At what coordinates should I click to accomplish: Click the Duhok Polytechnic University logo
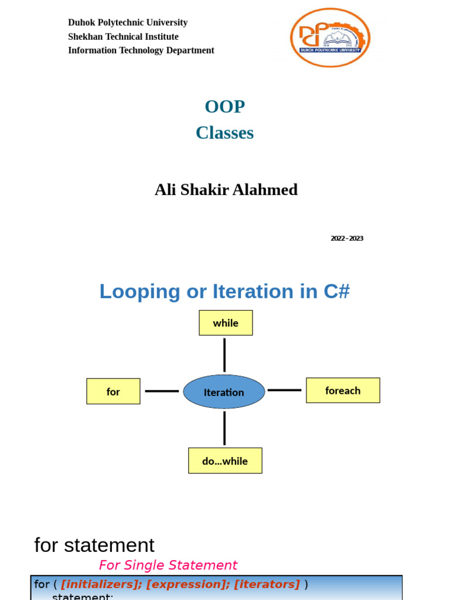click(330, 37)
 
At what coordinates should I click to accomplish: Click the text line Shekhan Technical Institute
click(123, 36)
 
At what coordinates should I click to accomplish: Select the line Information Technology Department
click(141, 50)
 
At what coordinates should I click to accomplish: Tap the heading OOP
click(224, 107)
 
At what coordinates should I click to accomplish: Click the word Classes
click(224, 133)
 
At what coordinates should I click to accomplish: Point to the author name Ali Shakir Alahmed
click(226, 190)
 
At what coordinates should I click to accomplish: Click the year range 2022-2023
click(346, 238)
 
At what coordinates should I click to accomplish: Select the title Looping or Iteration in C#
click(224, 291)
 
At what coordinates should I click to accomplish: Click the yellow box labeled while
click(226, 323)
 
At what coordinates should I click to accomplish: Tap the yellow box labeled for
click(113, 391)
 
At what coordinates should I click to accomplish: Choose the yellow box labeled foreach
click(343, 390)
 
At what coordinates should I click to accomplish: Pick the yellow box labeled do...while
click(225, 461)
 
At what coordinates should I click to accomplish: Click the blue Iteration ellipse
click(224, 392)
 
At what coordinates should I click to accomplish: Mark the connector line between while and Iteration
click(224, 354)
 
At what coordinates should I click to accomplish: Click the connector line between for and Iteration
click(162, 391)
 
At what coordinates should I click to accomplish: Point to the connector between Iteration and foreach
click(285, 390)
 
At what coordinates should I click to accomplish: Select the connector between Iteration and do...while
click(224, 428)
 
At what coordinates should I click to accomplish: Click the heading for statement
click(94, 545)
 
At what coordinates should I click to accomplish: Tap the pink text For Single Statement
click(168, 565)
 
